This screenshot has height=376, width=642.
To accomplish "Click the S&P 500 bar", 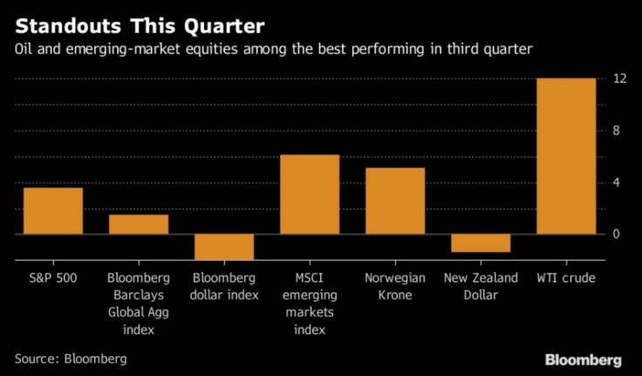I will (52, 211).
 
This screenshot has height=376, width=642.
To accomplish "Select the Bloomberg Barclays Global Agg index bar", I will (138, 224).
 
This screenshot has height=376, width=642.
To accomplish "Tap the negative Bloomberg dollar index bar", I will (223, 247).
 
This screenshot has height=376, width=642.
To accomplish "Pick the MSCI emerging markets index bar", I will (309, 195).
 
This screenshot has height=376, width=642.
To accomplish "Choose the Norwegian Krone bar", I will (394, 201).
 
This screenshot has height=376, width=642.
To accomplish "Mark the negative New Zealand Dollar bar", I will (480, 243).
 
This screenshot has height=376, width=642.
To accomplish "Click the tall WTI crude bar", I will (565, 156).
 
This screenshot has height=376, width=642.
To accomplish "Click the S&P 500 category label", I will (52, 278).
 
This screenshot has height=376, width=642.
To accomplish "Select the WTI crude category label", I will (565, 278).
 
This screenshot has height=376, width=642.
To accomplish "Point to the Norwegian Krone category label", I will (394, 286).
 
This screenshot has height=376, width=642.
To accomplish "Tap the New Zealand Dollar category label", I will (480, 286).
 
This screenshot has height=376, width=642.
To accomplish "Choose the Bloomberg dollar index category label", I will (223, 286).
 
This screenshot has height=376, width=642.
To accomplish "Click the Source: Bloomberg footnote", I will (71, 359).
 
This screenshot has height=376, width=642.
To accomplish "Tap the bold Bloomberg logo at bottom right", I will (583, 359).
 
